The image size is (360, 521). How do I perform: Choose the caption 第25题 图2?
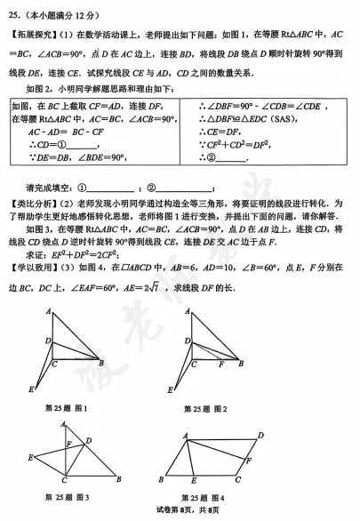tap(205, 408)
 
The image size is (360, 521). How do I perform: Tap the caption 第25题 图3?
tap(67, 494)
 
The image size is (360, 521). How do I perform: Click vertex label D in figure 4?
tap(260, 435)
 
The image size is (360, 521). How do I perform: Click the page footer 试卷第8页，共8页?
tap(180, 510)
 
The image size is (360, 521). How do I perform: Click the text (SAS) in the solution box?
tap(276, 117)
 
